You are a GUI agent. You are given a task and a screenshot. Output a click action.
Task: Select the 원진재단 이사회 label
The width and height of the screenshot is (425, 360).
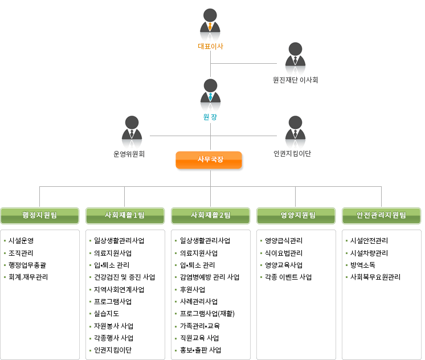[295, 80]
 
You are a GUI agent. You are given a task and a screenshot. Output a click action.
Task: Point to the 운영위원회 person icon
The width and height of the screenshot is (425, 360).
[132, 130]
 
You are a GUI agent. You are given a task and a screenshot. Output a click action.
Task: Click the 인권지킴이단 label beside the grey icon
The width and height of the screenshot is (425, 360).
[292, 154]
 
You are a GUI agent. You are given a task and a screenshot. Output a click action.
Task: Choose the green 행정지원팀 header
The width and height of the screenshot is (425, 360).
[39, 215]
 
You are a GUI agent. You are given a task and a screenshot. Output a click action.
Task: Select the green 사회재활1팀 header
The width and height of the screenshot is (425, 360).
[125, 215]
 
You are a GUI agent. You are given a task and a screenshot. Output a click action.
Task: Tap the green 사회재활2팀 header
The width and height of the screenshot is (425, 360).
[210, 215]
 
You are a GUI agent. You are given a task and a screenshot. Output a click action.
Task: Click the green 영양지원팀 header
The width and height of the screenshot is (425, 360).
[296, 215]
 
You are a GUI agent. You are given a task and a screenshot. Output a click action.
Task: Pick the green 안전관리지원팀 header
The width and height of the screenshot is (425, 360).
[381, 215]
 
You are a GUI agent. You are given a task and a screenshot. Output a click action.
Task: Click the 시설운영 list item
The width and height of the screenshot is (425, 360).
[21, 241]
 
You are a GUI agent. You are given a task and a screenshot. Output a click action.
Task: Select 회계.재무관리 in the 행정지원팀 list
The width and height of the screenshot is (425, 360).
[28, 277]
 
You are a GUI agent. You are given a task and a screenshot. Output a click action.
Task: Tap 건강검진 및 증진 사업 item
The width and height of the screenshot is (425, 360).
[124, 277]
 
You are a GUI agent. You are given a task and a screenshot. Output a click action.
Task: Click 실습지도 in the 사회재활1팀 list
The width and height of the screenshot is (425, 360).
[107, 314]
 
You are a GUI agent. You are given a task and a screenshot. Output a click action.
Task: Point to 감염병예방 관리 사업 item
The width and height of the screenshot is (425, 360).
[209, 277]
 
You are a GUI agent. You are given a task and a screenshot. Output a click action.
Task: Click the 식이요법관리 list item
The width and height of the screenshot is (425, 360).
[284, 253]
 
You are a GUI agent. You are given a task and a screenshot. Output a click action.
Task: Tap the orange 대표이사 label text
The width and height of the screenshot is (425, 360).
[210, 46]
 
